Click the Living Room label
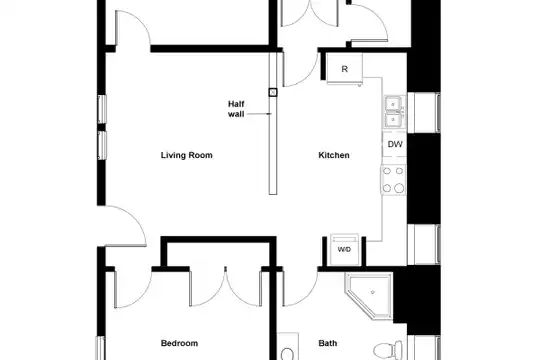(187, 155)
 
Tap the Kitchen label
(334, 155)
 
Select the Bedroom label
(179, 343)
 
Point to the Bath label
(328, 343)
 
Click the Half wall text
(236, 109)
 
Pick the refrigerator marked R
(344, 69)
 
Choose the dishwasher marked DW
(395, 144)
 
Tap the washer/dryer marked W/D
(344, 249)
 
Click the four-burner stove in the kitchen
(394, 179)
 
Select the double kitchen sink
(394, 112)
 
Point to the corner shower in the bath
(369, 296)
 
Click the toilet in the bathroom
(388, 351)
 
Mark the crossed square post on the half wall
(273, 92)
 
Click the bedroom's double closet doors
(225, 287)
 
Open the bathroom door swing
(300, 289)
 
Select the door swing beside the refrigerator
(300, 69)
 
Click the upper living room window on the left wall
(102, 109)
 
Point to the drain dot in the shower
(373, 292)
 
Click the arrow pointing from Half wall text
(259, 114)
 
